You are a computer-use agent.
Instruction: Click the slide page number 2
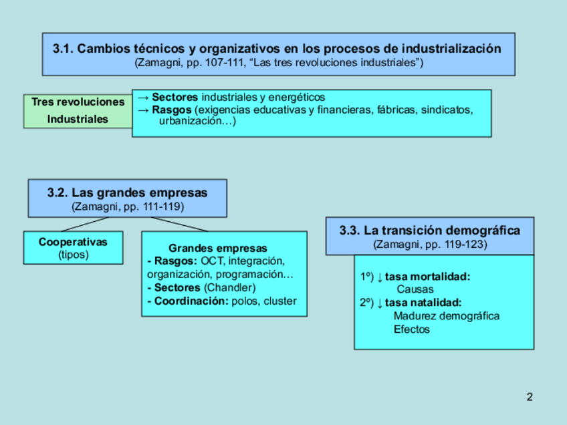[x=530, y=398]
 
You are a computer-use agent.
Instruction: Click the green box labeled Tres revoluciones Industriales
[x=78, y=111]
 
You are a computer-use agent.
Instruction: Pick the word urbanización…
[x=197, y=122]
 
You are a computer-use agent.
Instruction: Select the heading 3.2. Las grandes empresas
[x=127, y=193]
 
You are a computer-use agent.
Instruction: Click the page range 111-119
[x=161, y=206]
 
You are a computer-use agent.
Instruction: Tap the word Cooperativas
[x=73, y=242]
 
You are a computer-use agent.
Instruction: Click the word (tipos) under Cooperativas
[x=73, y=255]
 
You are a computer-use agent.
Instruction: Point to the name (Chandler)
[x=229, y=287]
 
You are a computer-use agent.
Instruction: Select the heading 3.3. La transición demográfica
[x=429, y=231]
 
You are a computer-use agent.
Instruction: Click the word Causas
[x=415, y=289]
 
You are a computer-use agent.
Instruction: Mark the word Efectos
[x=412, y=329]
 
